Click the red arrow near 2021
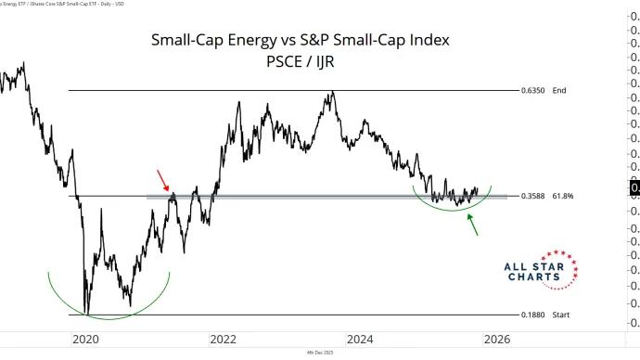161,178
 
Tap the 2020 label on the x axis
86,339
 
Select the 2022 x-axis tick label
223,339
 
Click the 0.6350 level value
534,90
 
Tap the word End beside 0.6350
558,90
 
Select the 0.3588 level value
534,197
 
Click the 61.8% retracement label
562,197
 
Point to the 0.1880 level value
534,315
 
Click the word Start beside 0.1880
560,315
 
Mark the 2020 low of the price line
87,314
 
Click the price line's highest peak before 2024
330,93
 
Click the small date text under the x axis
320,354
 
